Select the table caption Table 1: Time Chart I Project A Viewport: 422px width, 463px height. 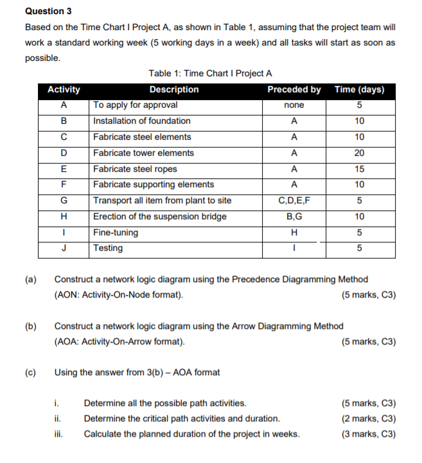210,74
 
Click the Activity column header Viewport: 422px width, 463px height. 64,90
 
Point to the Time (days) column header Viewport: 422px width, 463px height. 360,90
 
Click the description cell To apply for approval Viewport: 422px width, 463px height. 136,105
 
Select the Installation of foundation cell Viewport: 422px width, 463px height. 142,121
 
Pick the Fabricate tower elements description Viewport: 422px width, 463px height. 143,153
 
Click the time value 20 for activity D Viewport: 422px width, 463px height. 360,153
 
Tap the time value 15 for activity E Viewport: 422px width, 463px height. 360,169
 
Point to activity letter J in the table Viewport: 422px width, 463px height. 64,248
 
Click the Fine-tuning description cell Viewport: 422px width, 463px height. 116,232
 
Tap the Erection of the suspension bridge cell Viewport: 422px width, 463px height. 160,217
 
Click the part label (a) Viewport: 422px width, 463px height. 30,280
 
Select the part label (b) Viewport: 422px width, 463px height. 30,326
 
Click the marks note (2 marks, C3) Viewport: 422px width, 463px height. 370,419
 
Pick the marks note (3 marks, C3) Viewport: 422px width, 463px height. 370,434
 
